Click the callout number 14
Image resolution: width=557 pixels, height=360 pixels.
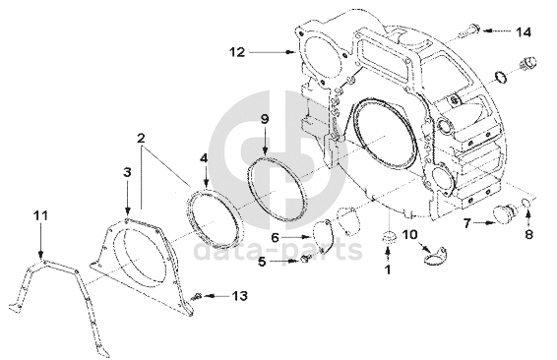point(524,32)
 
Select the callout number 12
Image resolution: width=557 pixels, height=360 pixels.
point(237,52)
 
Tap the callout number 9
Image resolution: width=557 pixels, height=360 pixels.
point(265,119)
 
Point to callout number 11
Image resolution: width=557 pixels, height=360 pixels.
point(41,215)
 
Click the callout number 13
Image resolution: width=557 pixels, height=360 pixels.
point(240,296)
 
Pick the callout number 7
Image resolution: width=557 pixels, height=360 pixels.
point(467,223)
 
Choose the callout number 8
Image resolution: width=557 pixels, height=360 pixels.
point(528,234)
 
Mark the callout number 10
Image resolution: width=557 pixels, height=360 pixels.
point(410,235)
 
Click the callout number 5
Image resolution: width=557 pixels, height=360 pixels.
point(262,262)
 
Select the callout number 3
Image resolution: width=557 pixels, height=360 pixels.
point(127,172)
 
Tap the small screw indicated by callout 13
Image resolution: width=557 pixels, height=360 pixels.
point(196,296)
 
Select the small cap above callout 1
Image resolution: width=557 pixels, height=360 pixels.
point(388,236)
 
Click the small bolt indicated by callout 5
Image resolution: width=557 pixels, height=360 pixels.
point(305,259)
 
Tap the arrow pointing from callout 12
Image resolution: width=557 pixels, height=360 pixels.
point(273,52)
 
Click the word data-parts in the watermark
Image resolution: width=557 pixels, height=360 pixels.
point(278,248)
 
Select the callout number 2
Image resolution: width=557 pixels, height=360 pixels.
point(141,138)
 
